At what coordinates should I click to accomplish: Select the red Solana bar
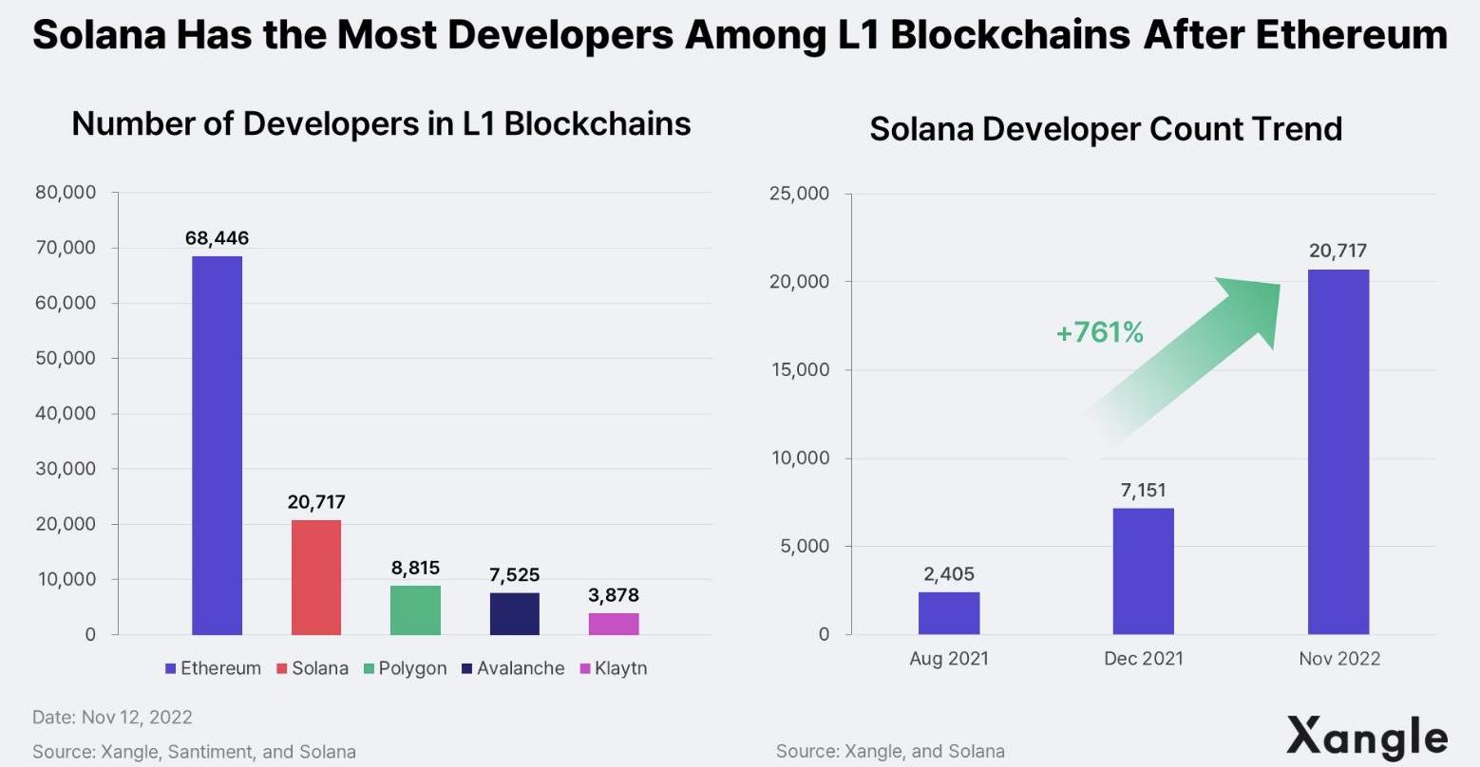[315, 576]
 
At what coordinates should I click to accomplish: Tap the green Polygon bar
[415, 609]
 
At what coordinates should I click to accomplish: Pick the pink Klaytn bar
[614, 624]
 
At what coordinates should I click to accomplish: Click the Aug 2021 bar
[948, 613]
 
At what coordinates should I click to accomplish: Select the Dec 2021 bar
[1143, 571]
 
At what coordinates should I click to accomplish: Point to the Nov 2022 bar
[1338, 451]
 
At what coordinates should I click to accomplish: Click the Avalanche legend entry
[513, 668]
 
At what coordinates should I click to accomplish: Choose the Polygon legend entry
[406, 668]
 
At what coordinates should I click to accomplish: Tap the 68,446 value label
[217, 238]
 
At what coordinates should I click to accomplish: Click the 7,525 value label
[514, 575]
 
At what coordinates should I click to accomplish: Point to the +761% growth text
[1099, 332]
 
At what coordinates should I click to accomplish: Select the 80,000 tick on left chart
[66, 193]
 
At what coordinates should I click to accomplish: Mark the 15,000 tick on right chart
[799, 370]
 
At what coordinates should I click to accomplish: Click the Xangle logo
[1367, 737]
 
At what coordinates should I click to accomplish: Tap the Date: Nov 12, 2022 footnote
[112, 717]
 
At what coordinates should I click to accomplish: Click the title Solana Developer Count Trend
[1105, 129]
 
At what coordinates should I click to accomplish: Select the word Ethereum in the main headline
[1352, 35]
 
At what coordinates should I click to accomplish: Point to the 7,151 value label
[1143, 491]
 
